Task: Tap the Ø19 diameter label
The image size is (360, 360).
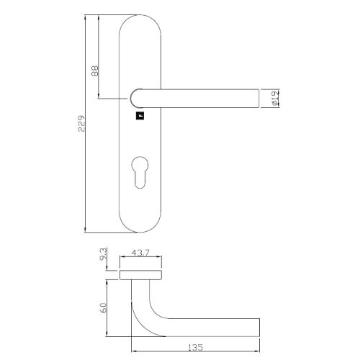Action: (x=276, y=97)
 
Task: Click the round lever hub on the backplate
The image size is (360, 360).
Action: (x=138, y=97)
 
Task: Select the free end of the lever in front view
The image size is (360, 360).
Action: (x=255, y=97)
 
